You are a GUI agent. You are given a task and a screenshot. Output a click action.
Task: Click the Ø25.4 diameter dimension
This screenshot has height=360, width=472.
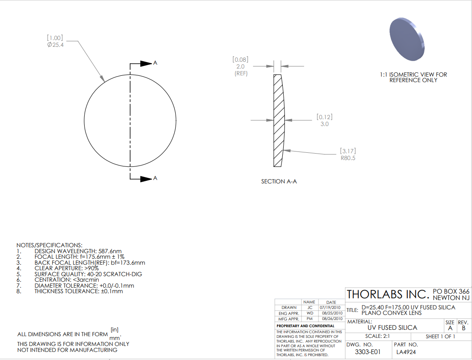[55, 45]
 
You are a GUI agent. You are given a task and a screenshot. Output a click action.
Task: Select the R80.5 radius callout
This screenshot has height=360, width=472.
[348, 158]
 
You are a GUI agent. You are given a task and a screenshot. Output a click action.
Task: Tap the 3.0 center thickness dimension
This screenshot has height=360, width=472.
[324, 124]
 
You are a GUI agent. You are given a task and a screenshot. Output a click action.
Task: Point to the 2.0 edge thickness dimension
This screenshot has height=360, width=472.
[240, 66]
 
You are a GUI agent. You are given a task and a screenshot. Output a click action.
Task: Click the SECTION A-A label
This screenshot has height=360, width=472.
[279, 181]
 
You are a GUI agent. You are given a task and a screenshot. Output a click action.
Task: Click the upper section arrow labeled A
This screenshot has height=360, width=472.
[146, 63]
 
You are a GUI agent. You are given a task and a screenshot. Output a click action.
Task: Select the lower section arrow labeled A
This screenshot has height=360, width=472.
[146, 179]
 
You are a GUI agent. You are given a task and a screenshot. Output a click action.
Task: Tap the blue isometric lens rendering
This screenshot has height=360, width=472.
[407, 39]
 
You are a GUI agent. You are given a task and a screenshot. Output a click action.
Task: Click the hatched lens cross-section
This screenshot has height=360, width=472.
[279, 120]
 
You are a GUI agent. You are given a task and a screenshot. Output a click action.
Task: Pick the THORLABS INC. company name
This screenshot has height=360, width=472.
[388, 294]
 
